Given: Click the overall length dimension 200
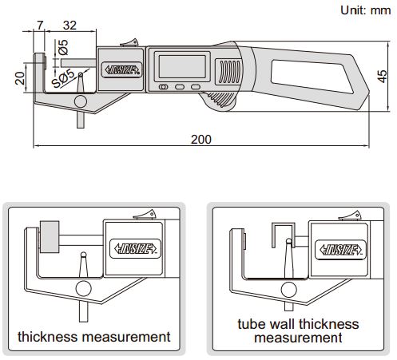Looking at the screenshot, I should tap(201, 139).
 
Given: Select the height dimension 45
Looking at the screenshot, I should tap(383, 79).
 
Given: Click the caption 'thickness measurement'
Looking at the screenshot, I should tap(94, 337).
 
